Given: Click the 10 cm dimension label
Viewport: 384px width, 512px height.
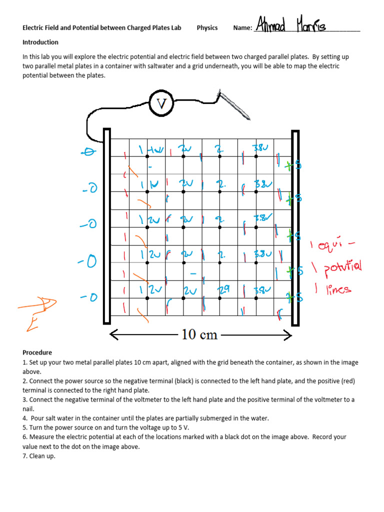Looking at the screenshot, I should click(199, 334).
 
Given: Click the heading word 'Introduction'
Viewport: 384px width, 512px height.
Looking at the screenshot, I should click(40, 42).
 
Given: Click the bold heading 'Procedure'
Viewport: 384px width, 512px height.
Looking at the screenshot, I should click(37, 352).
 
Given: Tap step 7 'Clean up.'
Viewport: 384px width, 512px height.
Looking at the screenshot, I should click(39, 456).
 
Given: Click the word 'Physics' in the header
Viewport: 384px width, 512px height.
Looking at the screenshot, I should click(207, 28).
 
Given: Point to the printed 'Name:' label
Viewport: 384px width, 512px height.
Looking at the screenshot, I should click(242, 28).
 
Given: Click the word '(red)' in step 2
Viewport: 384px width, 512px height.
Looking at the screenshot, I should click(347, 381).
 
